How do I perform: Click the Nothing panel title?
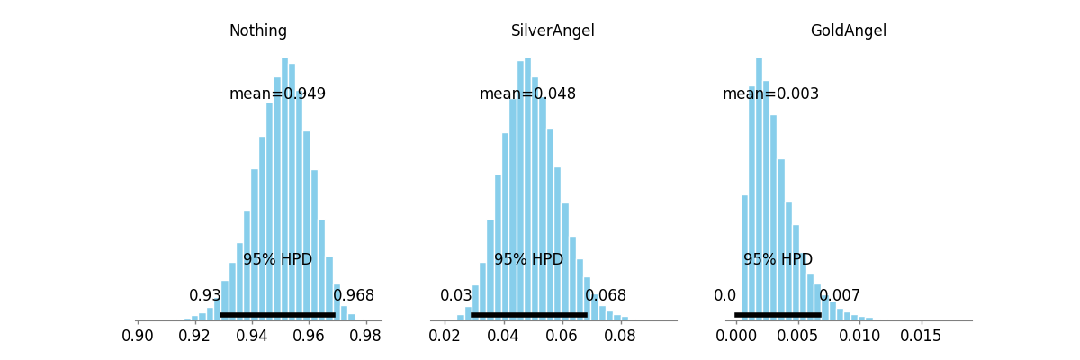point(258,31)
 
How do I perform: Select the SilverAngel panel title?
point(553,31)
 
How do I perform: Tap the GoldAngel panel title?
point(849,31)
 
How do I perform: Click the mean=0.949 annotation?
point(277,94)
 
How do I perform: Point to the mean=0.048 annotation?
point(527,94)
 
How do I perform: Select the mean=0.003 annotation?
point(770,94)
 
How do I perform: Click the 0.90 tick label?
point(138,336)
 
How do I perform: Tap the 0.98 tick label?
point(365,336)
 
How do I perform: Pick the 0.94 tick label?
point(252,336)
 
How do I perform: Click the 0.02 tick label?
point(445,336)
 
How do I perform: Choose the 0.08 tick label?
point(620,336)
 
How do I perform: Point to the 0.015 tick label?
point(921,336)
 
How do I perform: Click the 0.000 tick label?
point(736,336)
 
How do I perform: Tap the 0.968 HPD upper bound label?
point(354,295)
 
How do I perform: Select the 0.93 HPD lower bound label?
point(205,295)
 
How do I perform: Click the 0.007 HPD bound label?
point(840,295)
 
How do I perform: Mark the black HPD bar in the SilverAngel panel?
point(529,315)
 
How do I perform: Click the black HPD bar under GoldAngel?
point(778,315)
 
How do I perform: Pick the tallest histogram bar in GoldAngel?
point(759,189)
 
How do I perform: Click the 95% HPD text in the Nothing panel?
point(277,260)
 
